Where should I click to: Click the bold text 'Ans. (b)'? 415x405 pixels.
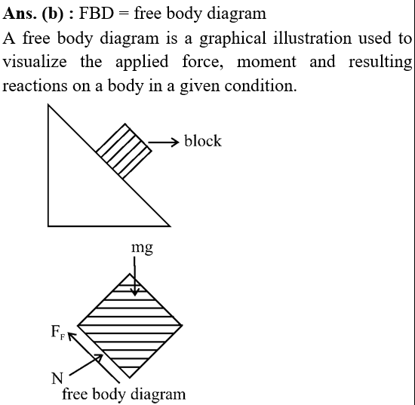click(33, 14)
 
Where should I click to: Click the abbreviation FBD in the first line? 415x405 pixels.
click(97, 13)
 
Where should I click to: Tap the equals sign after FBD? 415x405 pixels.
click(124, 14)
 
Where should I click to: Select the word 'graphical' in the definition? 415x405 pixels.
click(232, 38)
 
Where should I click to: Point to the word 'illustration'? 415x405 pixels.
click(312, 38)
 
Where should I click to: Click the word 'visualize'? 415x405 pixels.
click(35, 61)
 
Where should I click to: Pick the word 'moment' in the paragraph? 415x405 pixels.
click(266, 63)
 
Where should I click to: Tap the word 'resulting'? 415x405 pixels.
click(380, 63)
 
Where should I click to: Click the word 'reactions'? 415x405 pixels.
click(35, 86)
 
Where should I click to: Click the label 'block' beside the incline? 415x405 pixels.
click(203, 141)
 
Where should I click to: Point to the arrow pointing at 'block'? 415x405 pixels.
click(164, 143)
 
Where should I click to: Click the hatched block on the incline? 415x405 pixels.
click(124, 152)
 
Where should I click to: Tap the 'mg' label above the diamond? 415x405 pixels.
click(142, 248)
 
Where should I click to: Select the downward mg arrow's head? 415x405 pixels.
click(135, 293)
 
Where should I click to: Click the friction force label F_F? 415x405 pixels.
click(58, 332)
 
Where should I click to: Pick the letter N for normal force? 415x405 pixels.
click(57, 379)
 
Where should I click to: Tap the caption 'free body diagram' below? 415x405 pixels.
click(124, 394)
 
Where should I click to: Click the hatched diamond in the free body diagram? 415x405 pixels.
click(130, 326)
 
